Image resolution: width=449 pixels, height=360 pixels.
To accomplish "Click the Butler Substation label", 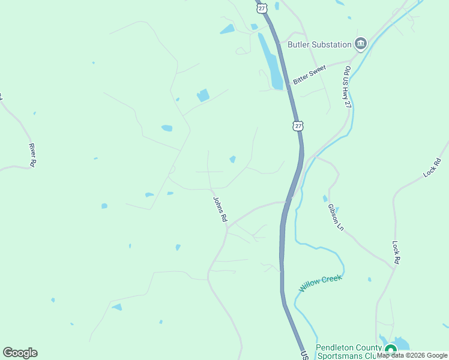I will pyautogui.click(x=319, y=44).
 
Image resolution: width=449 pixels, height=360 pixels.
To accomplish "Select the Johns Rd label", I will pyautogui.click(x=219, y=209).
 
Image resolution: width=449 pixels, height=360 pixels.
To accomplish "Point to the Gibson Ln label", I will pyautogui.click(x=336, y=218).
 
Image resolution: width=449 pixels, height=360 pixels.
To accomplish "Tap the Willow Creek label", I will pyautogui.click(x=321, y=283).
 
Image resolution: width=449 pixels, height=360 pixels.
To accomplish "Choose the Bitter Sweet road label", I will pyautogui.click(x=309, y=74).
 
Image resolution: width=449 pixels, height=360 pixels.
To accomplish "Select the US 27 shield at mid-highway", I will pyautogui.click(x=298, y=125).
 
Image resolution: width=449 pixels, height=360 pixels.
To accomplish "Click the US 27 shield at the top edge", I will pyautogui.click(x=261, y=6).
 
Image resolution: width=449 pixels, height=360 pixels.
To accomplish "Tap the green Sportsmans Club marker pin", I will pyautogui.click(x=391, y=349).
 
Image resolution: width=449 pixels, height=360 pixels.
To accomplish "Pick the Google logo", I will pyautogui.click(x=20, y=353).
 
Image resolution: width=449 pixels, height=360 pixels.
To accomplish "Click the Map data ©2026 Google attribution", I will pyautogui.click(x=412, y=355).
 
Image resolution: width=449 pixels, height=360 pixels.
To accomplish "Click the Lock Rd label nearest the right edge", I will pyautogui.click(x=432, y=167).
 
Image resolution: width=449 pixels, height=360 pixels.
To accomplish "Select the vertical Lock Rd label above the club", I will pyautogui.click(x=396, y=253).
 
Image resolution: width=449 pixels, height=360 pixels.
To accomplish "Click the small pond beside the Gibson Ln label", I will pyautogui.click(x=325, y=198).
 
